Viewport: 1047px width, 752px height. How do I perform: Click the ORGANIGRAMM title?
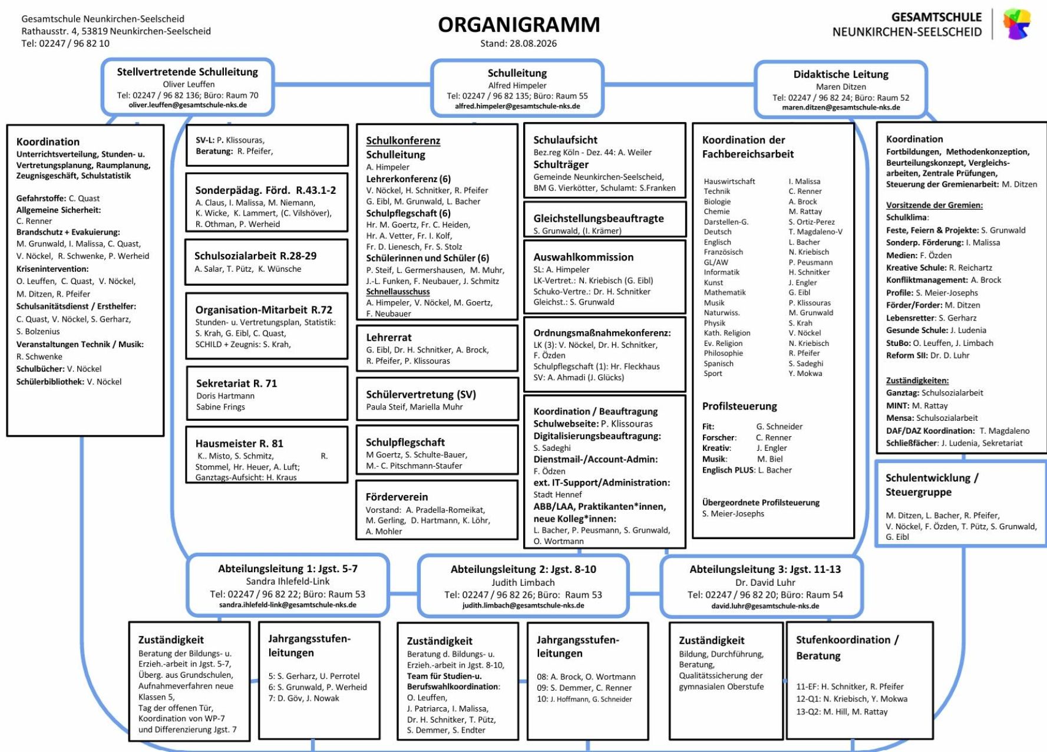click(518, 25)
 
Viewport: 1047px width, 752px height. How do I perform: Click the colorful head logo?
click(1017, 24)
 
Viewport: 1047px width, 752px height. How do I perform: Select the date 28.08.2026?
click(534, 44)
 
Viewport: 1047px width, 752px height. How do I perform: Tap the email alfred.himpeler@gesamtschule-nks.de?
click(517, 107)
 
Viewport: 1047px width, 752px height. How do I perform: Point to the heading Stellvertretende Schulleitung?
click(187, 72)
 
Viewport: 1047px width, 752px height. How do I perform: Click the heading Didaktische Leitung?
click(841, 74)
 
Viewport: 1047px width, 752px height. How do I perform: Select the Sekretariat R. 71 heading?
click(236, 383)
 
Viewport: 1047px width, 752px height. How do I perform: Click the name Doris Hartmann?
click(226, 396)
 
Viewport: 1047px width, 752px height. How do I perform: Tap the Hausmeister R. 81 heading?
click(239, 443)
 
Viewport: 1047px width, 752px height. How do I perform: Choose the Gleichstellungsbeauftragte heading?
click(599, 219)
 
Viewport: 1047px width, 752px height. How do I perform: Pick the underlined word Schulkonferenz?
click(403, 141)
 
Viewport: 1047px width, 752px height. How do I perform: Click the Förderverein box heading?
click(397, 497)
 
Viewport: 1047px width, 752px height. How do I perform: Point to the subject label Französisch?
click(724, 252)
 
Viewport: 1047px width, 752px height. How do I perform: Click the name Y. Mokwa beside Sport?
click(805, 374)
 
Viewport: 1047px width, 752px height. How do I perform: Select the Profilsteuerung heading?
click(739, 406)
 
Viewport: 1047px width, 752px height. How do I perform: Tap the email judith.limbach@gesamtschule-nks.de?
click(523, 605)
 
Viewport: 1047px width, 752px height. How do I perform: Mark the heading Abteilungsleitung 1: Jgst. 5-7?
click(288, 569)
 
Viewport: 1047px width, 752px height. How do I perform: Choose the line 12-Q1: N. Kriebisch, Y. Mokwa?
click(851, 699)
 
